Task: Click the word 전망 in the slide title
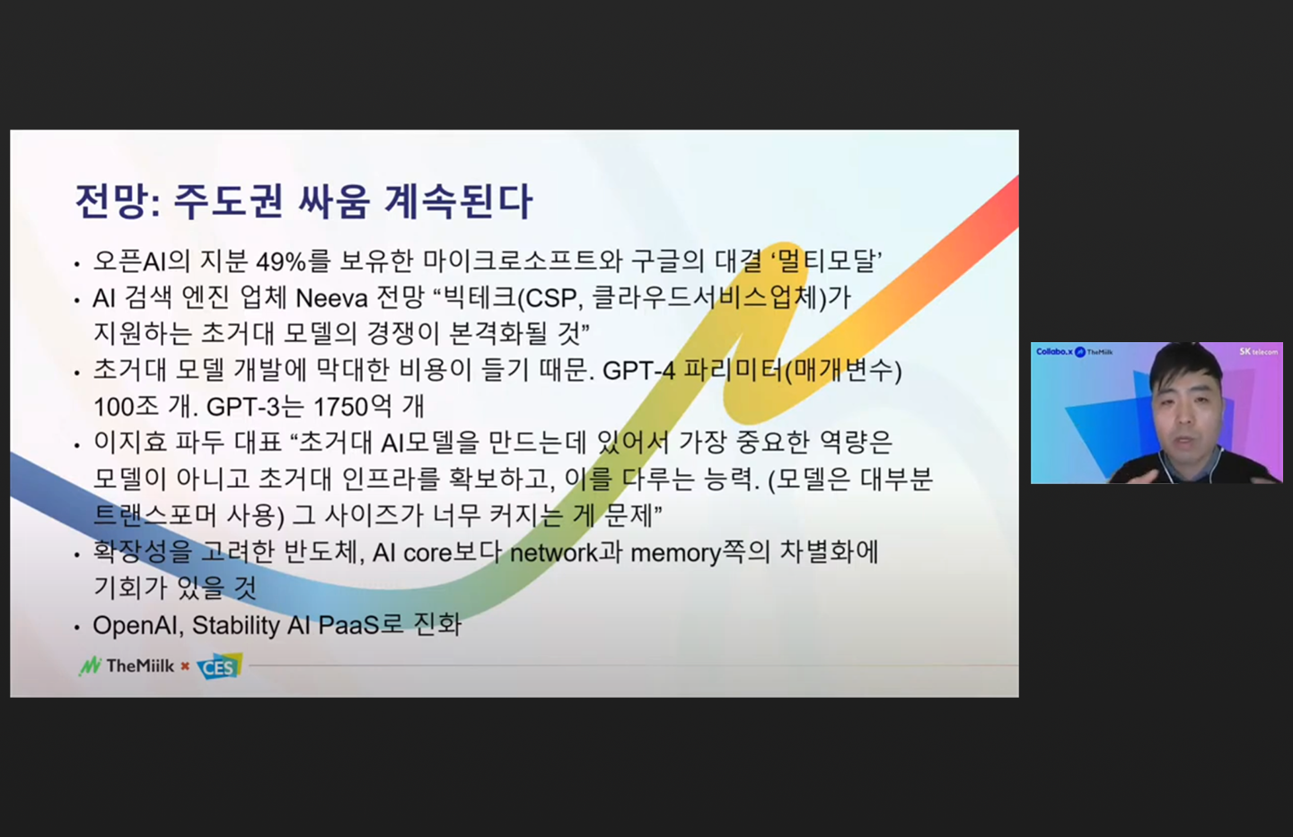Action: (110, 201)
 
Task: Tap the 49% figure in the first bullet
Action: (281, 261)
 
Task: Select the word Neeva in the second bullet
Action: (331, 297)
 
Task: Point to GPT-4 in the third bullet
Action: (638, 370)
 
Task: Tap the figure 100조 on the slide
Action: (127, 407)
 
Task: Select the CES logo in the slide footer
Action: (218, 667)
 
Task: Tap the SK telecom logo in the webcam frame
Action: (1257, 351)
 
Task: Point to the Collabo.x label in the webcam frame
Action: (1054, 351)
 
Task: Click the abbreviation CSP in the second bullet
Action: (550, 297)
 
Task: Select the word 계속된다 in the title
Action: (458, 201)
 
